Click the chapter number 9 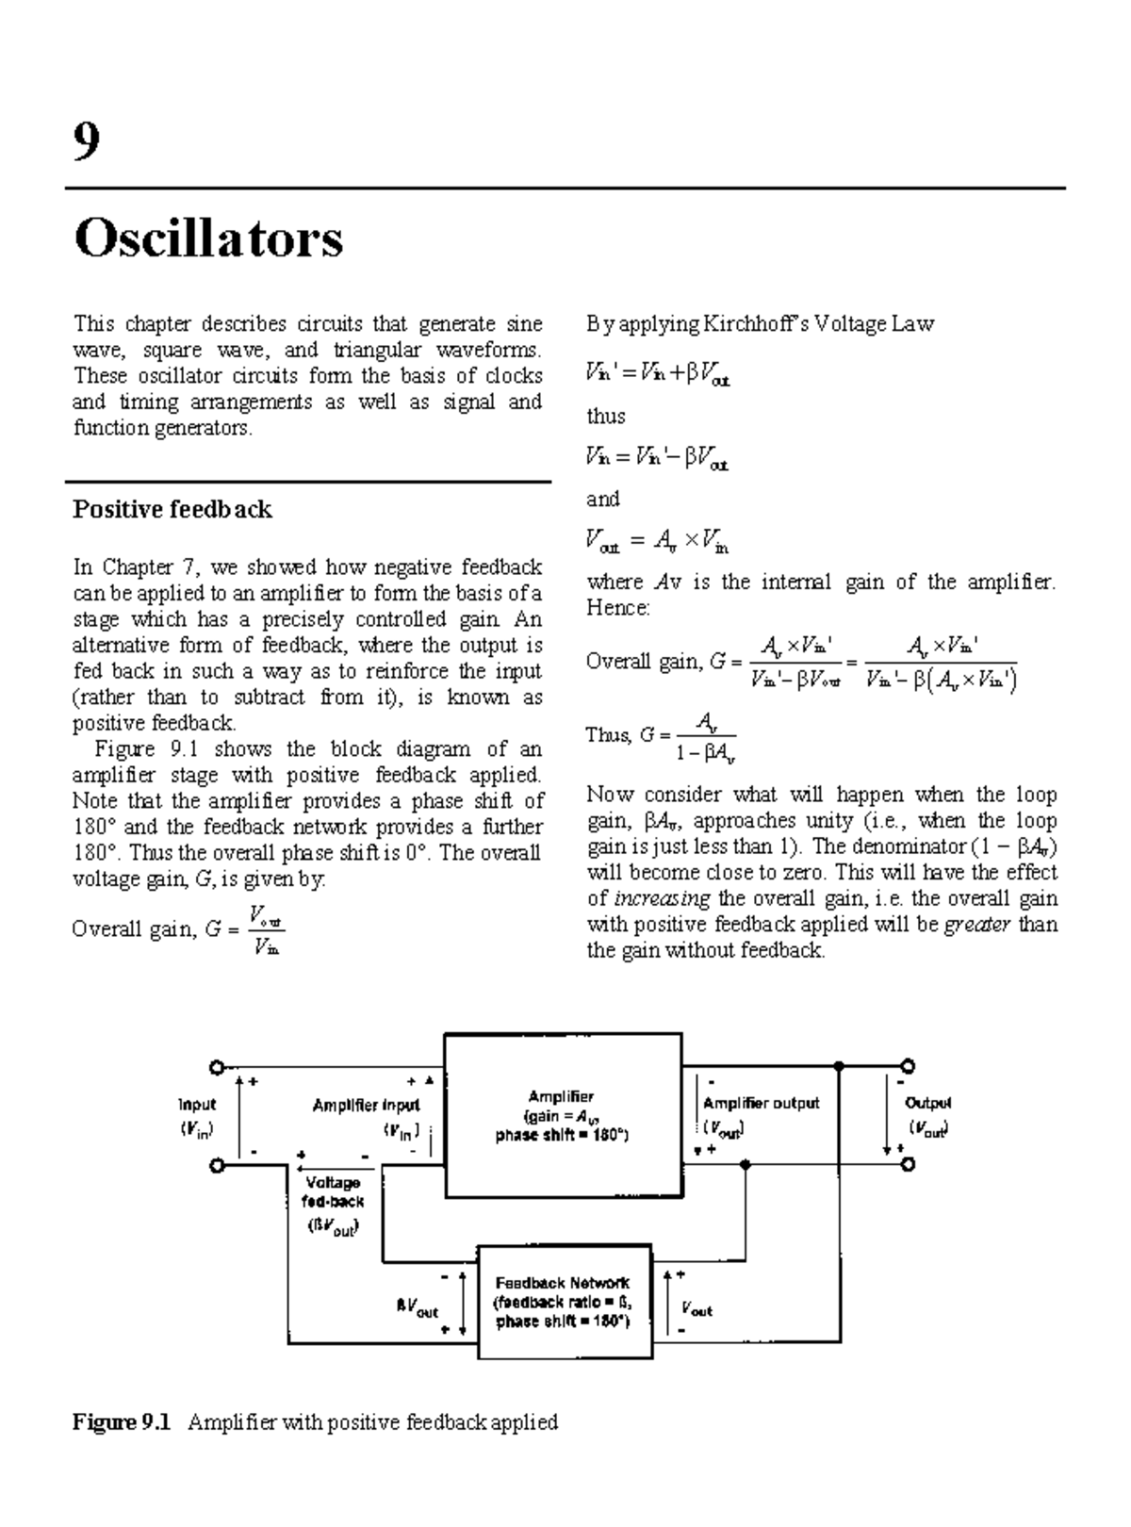click(86, 142)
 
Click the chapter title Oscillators click(208, 238)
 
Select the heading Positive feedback click(172, 510)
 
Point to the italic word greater click(977, 925)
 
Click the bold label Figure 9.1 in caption click(122, 1422)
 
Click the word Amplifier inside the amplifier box click(561, 1096)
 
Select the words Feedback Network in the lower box click(563, 1283)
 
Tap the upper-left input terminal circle click(218, 1067)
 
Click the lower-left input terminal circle click(218, 1166)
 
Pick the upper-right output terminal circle click(908, 1067)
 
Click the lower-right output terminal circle click(908, 1165)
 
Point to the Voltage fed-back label click(333, 1192)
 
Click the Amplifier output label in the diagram click(762, 1103)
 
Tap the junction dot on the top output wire click(839, 1067)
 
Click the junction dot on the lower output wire click(746, 1165)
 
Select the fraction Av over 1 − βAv click(705, 737)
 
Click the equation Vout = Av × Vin click(657, 542)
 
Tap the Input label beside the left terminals click(197, 1104)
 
